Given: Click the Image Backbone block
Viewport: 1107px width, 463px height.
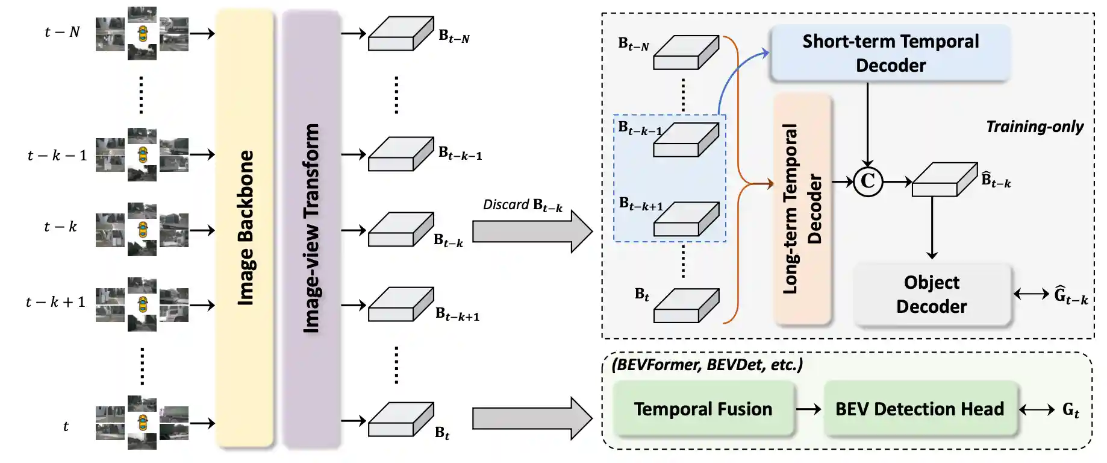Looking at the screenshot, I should pyautogui.click(x=245, y=229).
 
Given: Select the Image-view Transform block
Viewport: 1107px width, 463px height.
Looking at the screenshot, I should pyautogui.click(x=311, y=229).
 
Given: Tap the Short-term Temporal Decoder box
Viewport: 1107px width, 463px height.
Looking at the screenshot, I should pyautogui.click(x=890, y=53).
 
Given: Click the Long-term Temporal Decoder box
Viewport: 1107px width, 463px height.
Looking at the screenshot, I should pyautogui.click(x=802, y=209).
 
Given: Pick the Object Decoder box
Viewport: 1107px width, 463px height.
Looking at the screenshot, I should pyautogui.click(x=931, y=294).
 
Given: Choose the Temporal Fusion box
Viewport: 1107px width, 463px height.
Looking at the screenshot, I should pyautogui.click(x=703, y=409).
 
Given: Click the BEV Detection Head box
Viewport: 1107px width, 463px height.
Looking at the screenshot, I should pyautogui.click(x=920, y=409).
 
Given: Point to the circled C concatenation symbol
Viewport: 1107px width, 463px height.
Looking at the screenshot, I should pyautogui.click(x=868, y=181).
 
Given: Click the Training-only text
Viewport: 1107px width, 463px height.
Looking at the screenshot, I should pyautogui.click(x=1034, y=127).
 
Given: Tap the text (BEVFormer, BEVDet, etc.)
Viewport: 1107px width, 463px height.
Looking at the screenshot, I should pyautogui.click(x=707, y=365).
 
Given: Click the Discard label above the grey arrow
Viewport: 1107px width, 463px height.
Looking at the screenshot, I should pyautogui.click(x=522, y=205).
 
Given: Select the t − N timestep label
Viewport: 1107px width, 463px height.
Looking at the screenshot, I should pyautogui.click(x=62, y=32).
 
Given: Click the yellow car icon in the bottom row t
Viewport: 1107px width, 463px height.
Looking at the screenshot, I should pyautogui.click(x=142, y=421).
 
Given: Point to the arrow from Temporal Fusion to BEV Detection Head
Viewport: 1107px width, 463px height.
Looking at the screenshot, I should pyautogui.click(x=808, y=409).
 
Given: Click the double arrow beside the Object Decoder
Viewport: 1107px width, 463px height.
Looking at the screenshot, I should pyautogui.click(x=1031, y=294).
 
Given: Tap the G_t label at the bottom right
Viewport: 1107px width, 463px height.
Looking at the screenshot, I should pyautogui.click(x=1070, y=410).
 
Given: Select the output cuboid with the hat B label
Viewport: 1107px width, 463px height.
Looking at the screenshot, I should pyautogui.click(x=944, y=179).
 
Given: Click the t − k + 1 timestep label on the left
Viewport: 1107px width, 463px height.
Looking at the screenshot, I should pyautogui.click(x=55, y=302).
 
